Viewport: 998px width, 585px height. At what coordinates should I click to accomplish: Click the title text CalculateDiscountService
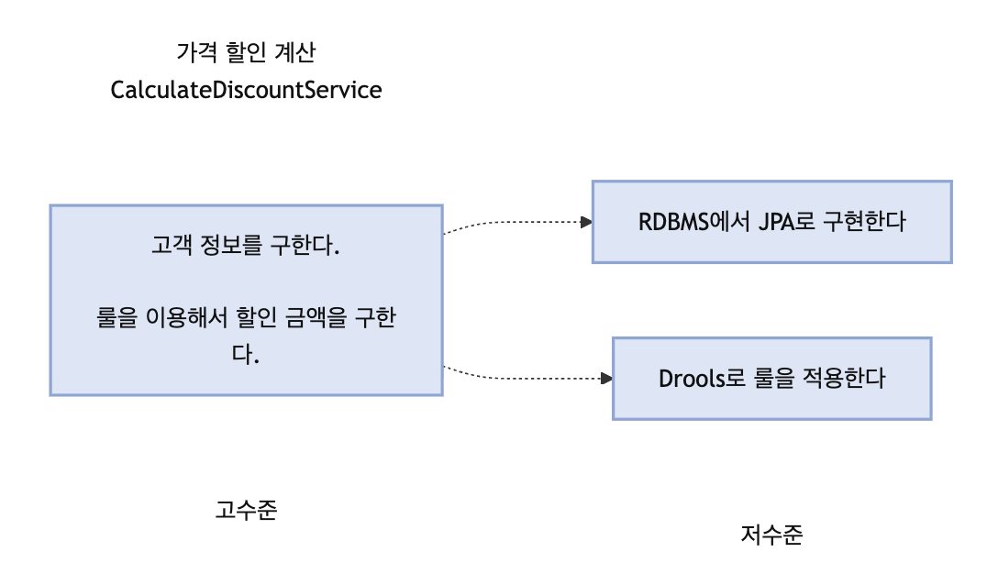247,90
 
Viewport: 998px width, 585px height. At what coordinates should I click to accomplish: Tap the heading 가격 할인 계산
247,51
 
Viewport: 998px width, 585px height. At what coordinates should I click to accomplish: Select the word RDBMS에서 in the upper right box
694,222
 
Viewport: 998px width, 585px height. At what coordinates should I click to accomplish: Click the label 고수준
247,509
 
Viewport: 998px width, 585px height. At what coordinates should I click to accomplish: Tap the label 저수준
772,534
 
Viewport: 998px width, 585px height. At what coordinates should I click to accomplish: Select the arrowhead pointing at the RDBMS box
587,222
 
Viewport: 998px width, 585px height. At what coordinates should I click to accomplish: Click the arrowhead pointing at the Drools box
606,379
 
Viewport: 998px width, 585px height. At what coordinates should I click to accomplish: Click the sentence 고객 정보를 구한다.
246,245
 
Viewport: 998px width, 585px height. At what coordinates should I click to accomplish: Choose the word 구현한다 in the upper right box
864,222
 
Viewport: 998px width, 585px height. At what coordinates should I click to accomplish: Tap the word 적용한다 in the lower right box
844,378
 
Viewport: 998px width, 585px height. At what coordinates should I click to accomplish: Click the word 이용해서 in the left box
186,317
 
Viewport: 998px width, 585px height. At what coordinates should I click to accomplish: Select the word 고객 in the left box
172,245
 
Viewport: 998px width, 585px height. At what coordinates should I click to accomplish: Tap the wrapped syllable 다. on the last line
246,354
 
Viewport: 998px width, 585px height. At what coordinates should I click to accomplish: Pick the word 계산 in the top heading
294,51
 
